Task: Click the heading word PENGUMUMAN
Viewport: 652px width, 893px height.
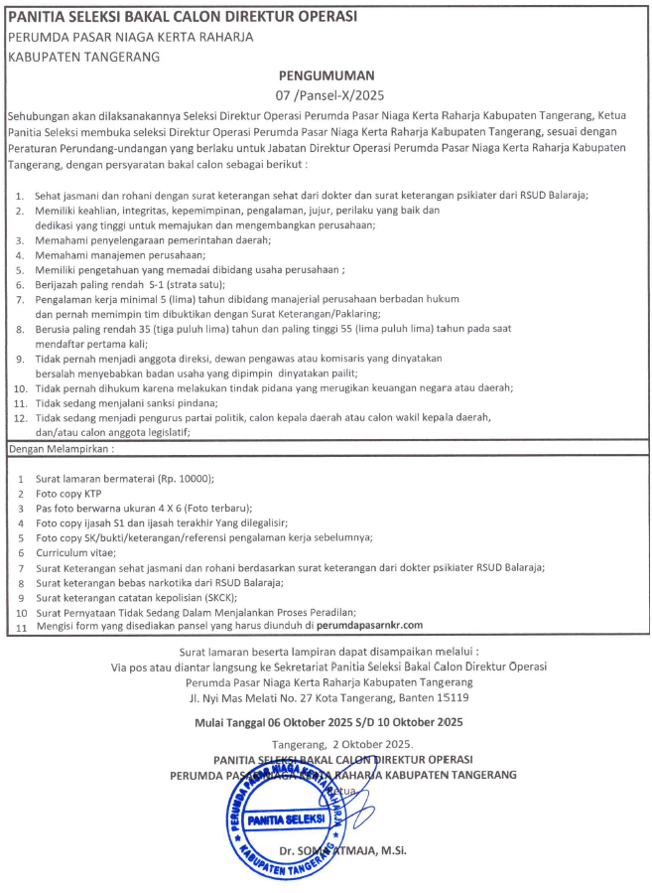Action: [326, 75]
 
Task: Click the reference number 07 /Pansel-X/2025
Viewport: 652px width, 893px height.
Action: [326, 94]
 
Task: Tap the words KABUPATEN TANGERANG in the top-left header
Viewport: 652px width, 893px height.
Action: [84, 57]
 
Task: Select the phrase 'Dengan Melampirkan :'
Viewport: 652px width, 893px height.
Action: [61, 449]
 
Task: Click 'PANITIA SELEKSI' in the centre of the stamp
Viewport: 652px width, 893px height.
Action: [287, 819]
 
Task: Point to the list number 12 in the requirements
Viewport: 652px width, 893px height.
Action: [19, 418]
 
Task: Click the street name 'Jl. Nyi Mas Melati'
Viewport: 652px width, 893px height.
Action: [240, 696]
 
